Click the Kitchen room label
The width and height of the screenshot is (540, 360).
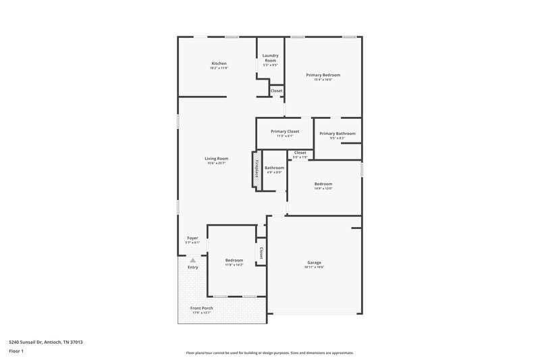tap(218, 63)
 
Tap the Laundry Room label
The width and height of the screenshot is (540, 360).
tap(270, 58)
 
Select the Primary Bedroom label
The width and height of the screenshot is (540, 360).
tap(323, 75)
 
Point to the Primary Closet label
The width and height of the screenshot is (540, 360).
tap(285, 131)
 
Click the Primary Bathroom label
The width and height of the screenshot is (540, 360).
tap(337, 133)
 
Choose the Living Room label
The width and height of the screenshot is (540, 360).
tap(217, 159)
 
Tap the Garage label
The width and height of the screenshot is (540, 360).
tap(313, 262)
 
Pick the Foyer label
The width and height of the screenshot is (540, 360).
tap(192, 238)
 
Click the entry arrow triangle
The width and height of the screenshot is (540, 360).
tap(193, 259)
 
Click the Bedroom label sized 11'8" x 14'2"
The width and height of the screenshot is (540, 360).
tap(234, 260)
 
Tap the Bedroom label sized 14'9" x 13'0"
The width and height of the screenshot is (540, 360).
tap(323, 184)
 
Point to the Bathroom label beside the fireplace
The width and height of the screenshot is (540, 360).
tap(274, 168)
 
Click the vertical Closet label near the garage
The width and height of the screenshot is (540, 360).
tap(261, 253)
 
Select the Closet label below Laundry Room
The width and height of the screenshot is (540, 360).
tap(277, 91)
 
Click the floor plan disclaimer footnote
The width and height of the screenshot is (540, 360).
tap(269, 353)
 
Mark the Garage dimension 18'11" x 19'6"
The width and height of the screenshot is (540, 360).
tap(314, 267)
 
